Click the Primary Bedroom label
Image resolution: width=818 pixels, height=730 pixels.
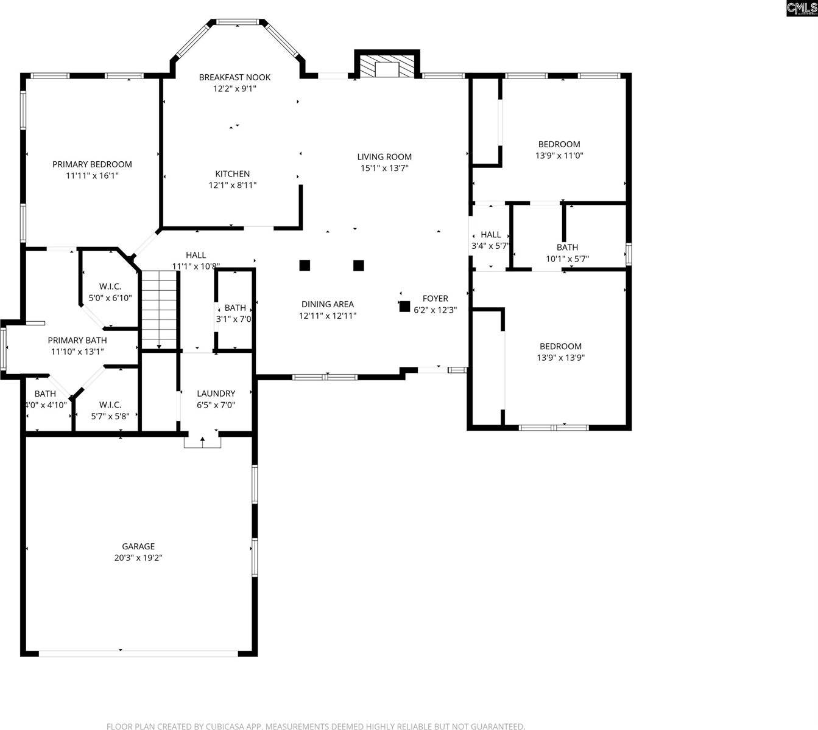pos(92,164)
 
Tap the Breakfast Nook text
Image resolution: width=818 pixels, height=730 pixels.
pos(234,77)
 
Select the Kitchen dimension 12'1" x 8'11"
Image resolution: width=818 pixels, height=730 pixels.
pos(233,185)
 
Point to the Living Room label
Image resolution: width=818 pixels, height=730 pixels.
pos(384,157)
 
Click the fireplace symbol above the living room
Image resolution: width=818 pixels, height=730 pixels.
pos(387,67)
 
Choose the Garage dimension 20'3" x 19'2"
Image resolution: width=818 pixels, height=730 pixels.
pos(138,557)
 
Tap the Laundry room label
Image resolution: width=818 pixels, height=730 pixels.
pos(216,394)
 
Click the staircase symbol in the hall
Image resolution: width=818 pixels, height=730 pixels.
pos(159,309)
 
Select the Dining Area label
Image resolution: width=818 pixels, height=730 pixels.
pos(327,304)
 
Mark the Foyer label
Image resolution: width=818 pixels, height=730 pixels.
pos(435,299)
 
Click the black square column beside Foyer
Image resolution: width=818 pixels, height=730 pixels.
pos(404,307)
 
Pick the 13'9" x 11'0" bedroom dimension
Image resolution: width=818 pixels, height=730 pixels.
pos(559,155)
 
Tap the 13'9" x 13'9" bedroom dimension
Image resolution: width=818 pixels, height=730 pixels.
pos(560,358)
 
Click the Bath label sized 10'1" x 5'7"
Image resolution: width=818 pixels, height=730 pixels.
pos(567,248)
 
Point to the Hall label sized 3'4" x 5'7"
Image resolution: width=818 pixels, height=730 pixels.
pos(490,235)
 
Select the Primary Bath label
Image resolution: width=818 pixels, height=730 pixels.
pos(77,341)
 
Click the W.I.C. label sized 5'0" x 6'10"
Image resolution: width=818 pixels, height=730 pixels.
pos(110,287)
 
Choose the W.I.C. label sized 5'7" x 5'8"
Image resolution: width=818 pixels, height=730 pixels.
pos(110,405)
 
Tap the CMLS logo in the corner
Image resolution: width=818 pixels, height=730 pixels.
pos(802,8)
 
